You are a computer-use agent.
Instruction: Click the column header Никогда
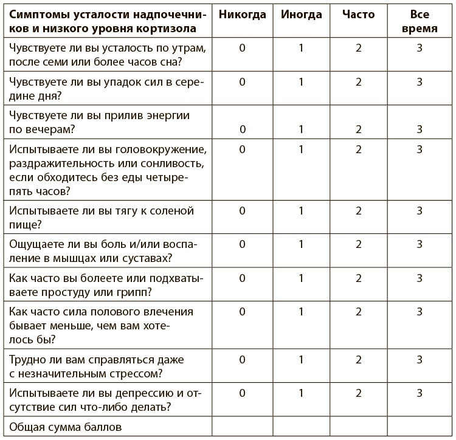pyautogui.click(x=242, y=15)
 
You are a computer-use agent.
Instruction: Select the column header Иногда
pyautogui.click(x=301, y=15)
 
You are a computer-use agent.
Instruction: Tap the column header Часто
pyautogui.click(x=359, y=15)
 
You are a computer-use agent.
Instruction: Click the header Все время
pyautogui.click(x=420, y=21)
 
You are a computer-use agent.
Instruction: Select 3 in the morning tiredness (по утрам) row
pyautogui.click(x=420, y=48)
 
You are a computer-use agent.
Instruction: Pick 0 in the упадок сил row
pyautogui.click(x=242, y=82)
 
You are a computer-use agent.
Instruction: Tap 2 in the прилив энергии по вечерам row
pyautogui.click(x=359, y=129)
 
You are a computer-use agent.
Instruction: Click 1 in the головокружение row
pyautogui.click(x=301, y=149)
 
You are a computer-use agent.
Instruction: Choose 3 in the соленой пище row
pyautogui.click(x=420, y=211)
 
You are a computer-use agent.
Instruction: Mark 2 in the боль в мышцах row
pyautogui.click(x=359, y=244)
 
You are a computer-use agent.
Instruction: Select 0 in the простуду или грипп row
pyautogui.click(x=242, y=278)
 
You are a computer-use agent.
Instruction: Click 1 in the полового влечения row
pyautogui.click(x=301, y=312)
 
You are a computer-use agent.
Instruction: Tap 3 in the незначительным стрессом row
pyautogui.click(x=420, y=359)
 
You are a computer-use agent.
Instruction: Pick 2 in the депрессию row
pyautogui.click(x=359, y=393)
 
